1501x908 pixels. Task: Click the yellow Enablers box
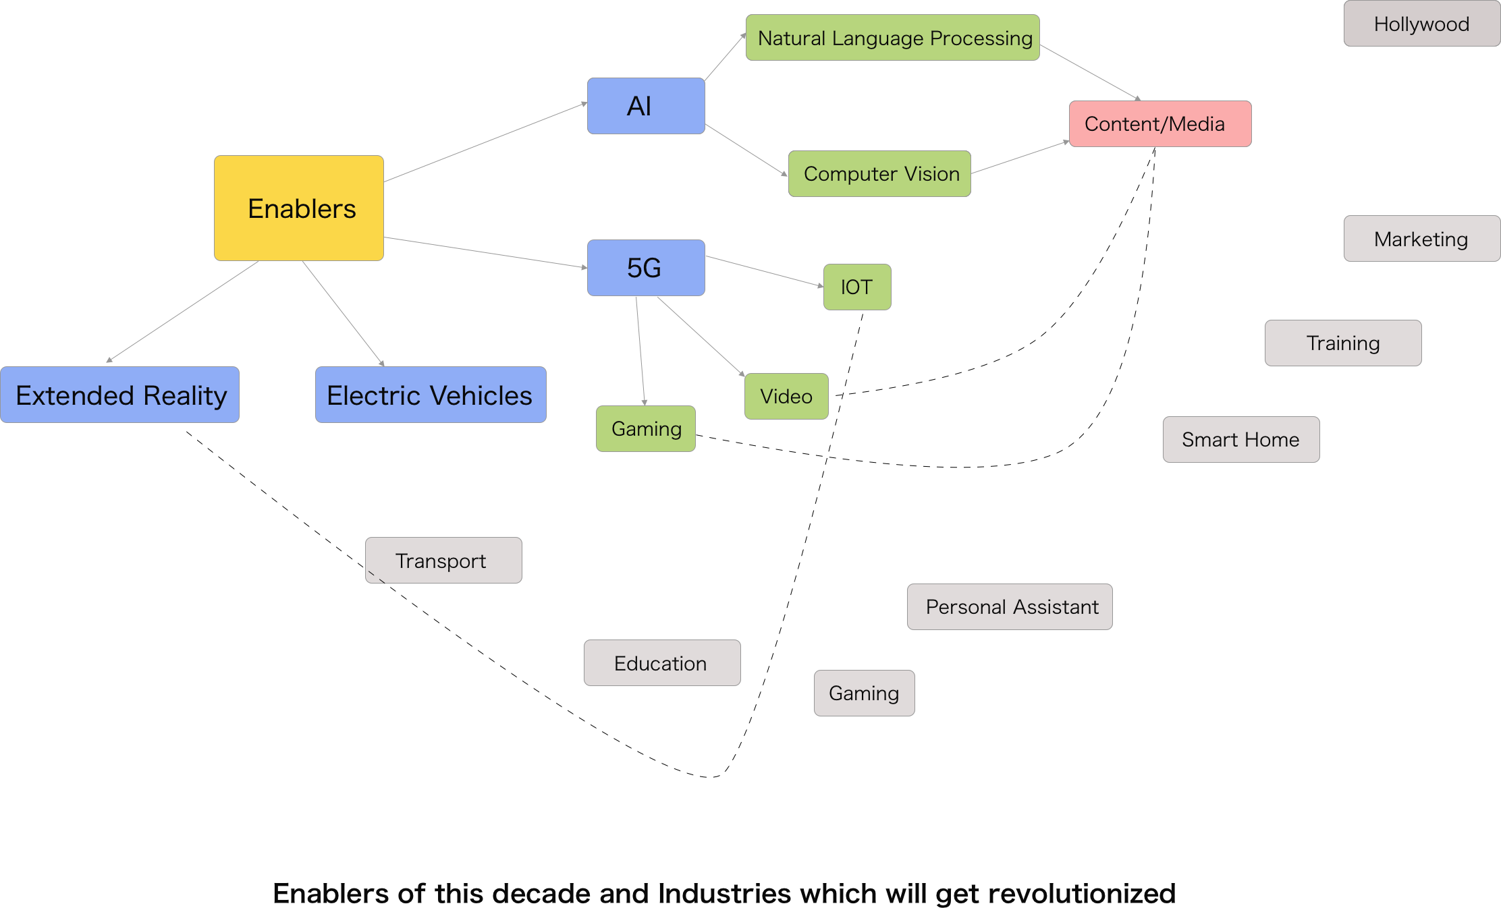(x=299, y=208)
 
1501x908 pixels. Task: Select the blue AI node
(x=646, y=106)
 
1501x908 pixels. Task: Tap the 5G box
(x=646, y=268)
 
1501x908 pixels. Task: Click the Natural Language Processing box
(x=892, y=38)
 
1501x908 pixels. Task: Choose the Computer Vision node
(x=879, y=174)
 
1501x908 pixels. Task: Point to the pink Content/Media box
(x=1160, y=124)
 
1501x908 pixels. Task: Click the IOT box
(x=857, y=287)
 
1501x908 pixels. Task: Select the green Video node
(x=786, y=397)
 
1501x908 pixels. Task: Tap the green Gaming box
(x=646, y=429)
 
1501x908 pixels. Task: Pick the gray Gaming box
(x=864, y=693)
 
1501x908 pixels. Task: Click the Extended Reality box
(x=120, y=395)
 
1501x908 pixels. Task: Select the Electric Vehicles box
(x=431, y=395)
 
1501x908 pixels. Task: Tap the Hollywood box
(x=1421, y=24)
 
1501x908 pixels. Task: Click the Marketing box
(x=1421, y=239)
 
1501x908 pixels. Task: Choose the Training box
(x=1343, y=343)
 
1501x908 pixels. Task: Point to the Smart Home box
(x=1241, y=440)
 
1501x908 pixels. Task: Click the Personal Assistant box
(x=1010, y=607)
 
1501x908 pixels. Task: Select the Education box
(x=662, y=663)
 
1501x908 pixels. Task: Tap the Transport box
(x=443, y=561)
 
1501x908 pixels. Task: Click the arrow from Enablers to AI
(x=486, y=142)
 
